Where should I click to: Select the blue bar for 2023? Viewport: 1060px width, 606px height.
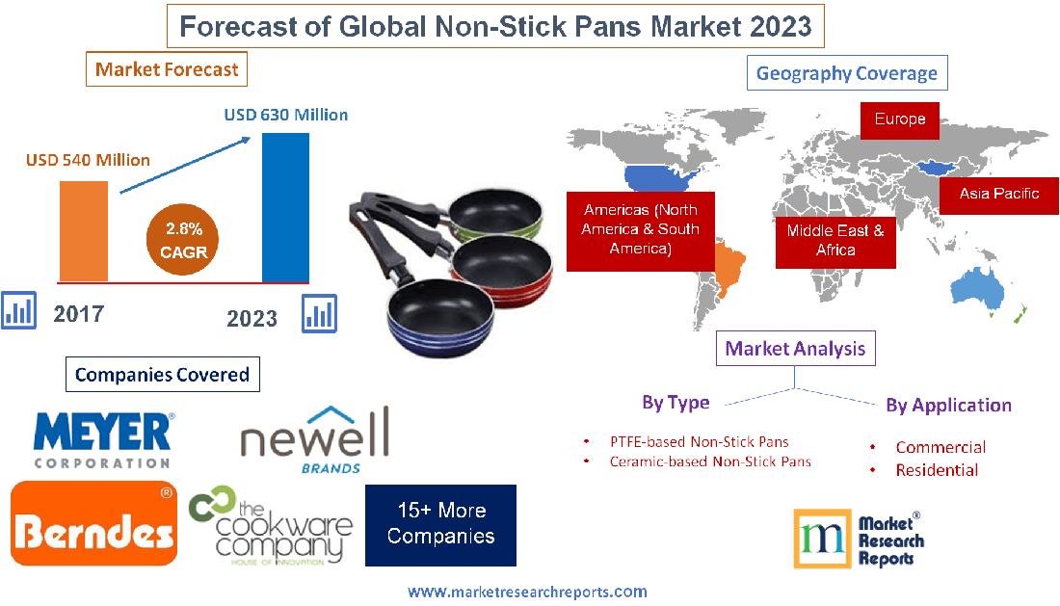pos(285,206)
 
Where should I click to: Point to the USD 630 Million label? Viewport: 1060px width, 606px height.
pos(286,115)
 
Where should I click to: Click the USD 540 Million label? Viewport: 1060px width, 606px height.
pos(88,160)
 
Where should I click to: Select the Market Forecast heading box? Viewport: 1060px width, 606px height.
pos(167,69)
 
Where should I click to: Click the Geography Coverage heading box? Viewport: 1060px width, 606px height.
pos(847,73)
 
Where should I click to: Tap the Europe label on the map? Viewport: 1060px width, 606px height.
pos(900,119)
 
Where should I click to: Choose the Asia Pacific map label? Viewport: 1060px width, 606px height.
pos(999,194)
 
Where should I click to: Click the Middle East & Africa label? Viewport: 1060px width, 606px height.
pos(835,240)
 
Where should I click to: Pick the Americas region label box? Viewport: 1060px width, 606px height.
pos(640,229)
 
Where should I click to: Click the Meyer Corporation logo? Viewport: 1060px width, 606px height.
pos(103,439)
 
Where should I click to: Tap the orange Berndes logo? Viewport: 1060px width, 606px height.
pos(94,524)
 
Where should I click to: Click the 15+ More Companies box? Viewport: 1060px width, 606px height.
pos(440,524)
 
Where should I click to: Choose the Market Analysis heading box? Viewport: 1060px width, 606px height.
pos(795,349)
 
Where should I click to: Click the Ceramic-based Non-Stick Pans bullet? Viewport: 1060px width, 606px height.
pos(710,461)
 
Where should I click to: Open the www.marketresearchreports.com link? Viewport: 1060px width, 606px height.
pos(527,592)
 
